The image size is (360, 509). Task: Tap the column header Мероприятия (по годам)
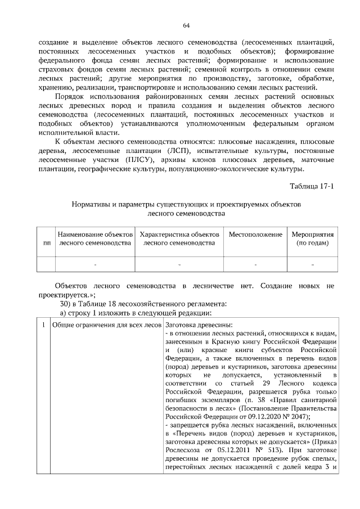click(x=312, y=238)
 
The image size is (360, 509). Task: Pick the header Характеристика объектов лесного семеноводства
click(x=179, y=238)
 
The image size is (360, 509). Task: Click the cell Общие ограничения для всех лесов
click(x=105, y=325)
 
